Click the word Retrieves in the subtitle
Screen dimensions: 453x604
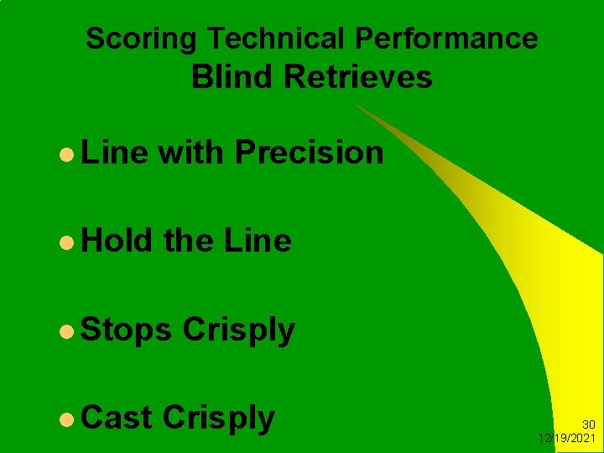pyautogui.click(x=358, y=77)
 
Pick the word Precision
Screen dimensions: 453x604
pyautogui.click(x=310, y=153)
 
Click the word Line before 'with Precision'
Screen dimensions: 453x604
pyautogui.click(x=114, y=153)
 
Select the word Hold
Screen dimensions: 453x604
pyautogui.click(x=117, y=242)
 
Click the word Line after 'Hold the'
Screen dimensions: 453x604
pyautogui.click(x=258, y=242)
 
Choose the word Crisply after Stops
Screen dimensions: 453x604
pyautogui.click(x=239, y=331)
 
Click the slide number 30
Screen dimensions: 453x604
pyautogui.click(x=588, y=425)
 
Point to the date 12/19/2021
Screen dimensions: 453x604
pyautogui.click(x=567, y=439)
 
